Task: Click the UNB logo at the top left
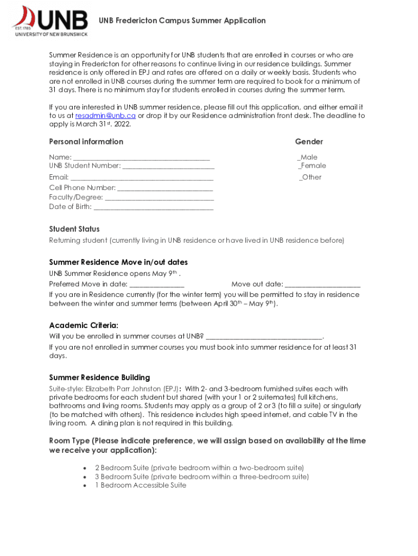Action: pyautogui.click(x=50, y=21)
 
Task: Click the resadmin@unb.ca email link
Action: pyautogui.click(x=105, y=116)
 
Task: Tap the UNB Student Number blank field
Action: pyautogui.click(x=168, y=166)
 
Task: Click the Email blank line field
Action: pyautogui.click(x=142, y=178)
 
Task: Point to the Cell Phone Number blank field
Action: pyautogui.click(x=165, y=188)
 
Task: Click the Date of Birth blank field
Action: pyautogui.click(x=154, y=207)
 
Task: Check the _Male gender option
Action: pyautogui.click(x=307, y=157)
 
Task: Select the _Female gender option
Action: pyautogui.click(x=312, y=166)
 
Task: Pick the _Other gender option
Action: pyautogui.click(x=310, y=178)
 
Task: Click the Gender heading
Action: pyautogui.click(x=309, y=142)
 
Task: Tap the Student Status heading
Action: pyautogui.click(x=74, y=229)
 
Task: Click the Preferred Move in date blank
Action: pyautogui.click(x=157, y=284)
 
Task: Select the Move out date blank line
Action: pyautogui.click(x=322, y=284)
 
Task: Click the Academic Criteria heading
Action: pyautogui.click(x=84, y=325)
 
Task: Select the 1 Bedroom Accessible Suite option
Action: pyautogui.click(x=141, y=485)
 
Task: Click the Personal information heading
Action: pyautogui.click(x=86, y=142)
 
